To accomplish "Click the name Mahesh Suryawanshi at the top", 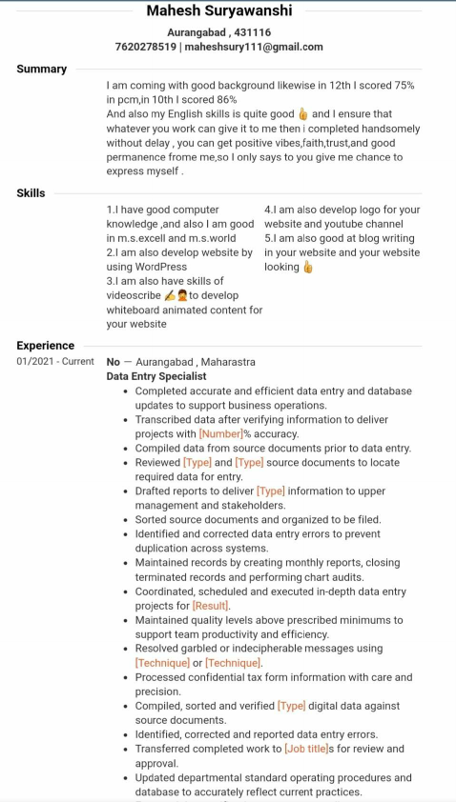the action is click(219, 11).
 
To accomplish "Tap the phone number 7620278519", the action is click(145, 47).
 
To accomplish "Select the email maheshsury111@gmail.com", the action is click(254, 47).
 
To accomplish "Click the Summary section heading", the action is click(42, 70).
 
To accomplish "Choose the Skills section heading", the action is click(31, 193).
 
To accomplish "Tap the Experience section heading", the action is click(45, 346).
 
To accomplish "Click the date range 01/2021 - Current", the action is click(55, 362).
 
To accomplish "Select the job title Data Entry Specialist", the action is click(156, 376).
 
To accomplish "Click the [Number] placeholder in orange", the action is click(220, 434).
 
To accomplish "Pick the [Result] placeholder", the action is click(211, 606).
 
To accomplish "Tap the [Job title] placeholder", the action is click(306, 749).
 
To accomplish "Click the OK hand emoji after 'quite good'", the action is click(303, 114).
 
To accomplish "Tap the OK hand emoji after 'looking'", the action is click(308, 268).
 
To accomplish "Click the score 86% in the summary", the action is click(226, 100).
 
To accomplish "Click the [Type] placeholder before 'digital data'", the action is click(292, 706).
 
